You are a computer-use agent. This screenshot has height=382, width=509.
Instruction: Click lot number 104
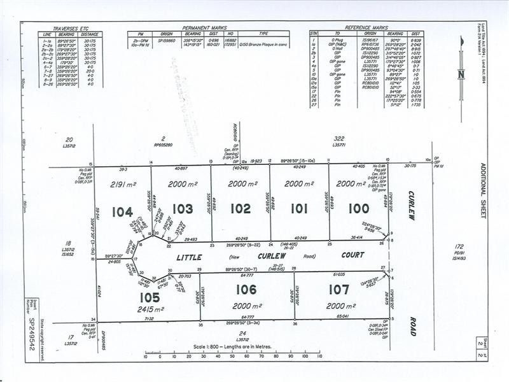[x=122, y=212]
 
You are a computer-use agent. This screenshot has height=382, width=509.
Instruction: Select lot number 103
[x=183, y=208]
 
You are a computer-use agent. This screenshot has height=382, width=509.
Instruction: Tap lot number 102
[x=241, y=208]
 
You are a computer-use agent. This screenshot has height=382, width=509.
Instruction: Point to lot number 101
[x=299, y=208]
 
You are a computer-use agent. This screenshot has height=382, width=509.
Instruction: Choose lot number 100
[x=358, y=208]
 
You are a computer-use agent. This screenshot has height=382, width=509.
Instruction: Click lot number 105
[x=150, y=297]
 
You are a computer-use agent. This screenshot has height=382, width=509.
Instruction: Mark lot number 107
[x=338, y=290]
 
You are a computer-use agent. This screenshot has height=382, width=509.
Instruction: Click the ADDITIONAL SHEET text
[x=482, y=191]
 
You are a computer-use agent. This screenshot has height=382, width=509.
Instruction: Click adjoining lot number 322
[x=339, y=138]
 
